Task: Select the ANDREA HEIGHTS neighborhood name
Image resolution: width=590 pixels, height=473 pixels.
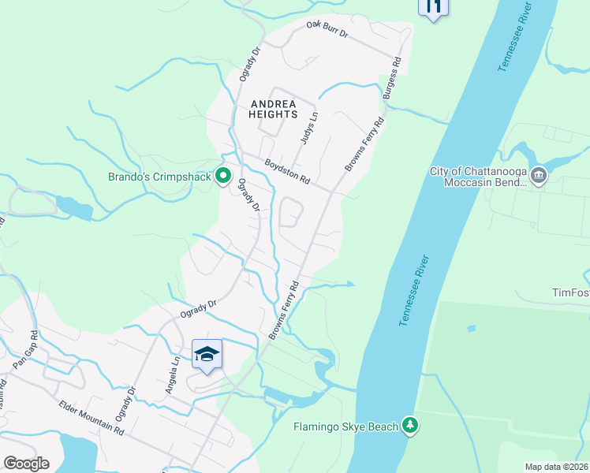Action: (272, 109)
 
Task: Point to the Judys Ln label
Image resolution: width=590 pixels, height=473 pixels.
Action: (308, 127)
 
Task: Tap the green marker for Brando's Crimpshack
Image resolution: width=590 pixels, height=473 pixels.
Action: (223, 175)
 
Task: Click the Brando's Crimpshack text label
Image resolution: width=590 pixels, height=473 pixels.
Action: (159, 177)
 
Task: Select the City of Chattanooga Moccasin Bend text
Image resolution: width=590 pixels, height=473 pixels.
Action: (477, 177)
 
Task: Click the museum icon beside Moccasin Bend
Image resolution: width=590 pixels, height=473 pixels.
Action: (539, 175)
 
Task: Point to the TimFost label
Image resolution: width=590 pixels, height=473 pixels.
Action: (570, 292)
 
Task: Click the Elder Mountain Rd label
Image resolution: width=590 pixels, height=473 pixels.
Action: (92, 418)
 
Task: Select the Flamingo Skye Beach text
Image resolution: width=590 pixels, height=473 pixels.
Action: (345, 427)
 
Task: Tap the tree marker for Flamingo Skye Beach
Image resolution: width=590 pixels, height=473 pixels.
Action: (409, 426)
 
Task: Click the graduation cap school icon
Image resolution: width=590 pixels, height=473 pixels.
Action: (207, 354)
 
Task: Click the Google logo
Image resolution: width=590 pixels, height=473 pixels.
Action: (26, 463)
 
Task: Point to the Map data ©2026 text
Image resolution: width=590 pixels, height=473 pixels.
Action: (556, 467)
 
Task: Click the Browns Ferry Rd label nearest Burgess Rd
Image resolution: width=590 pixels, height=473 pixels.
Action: (365, 144)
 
